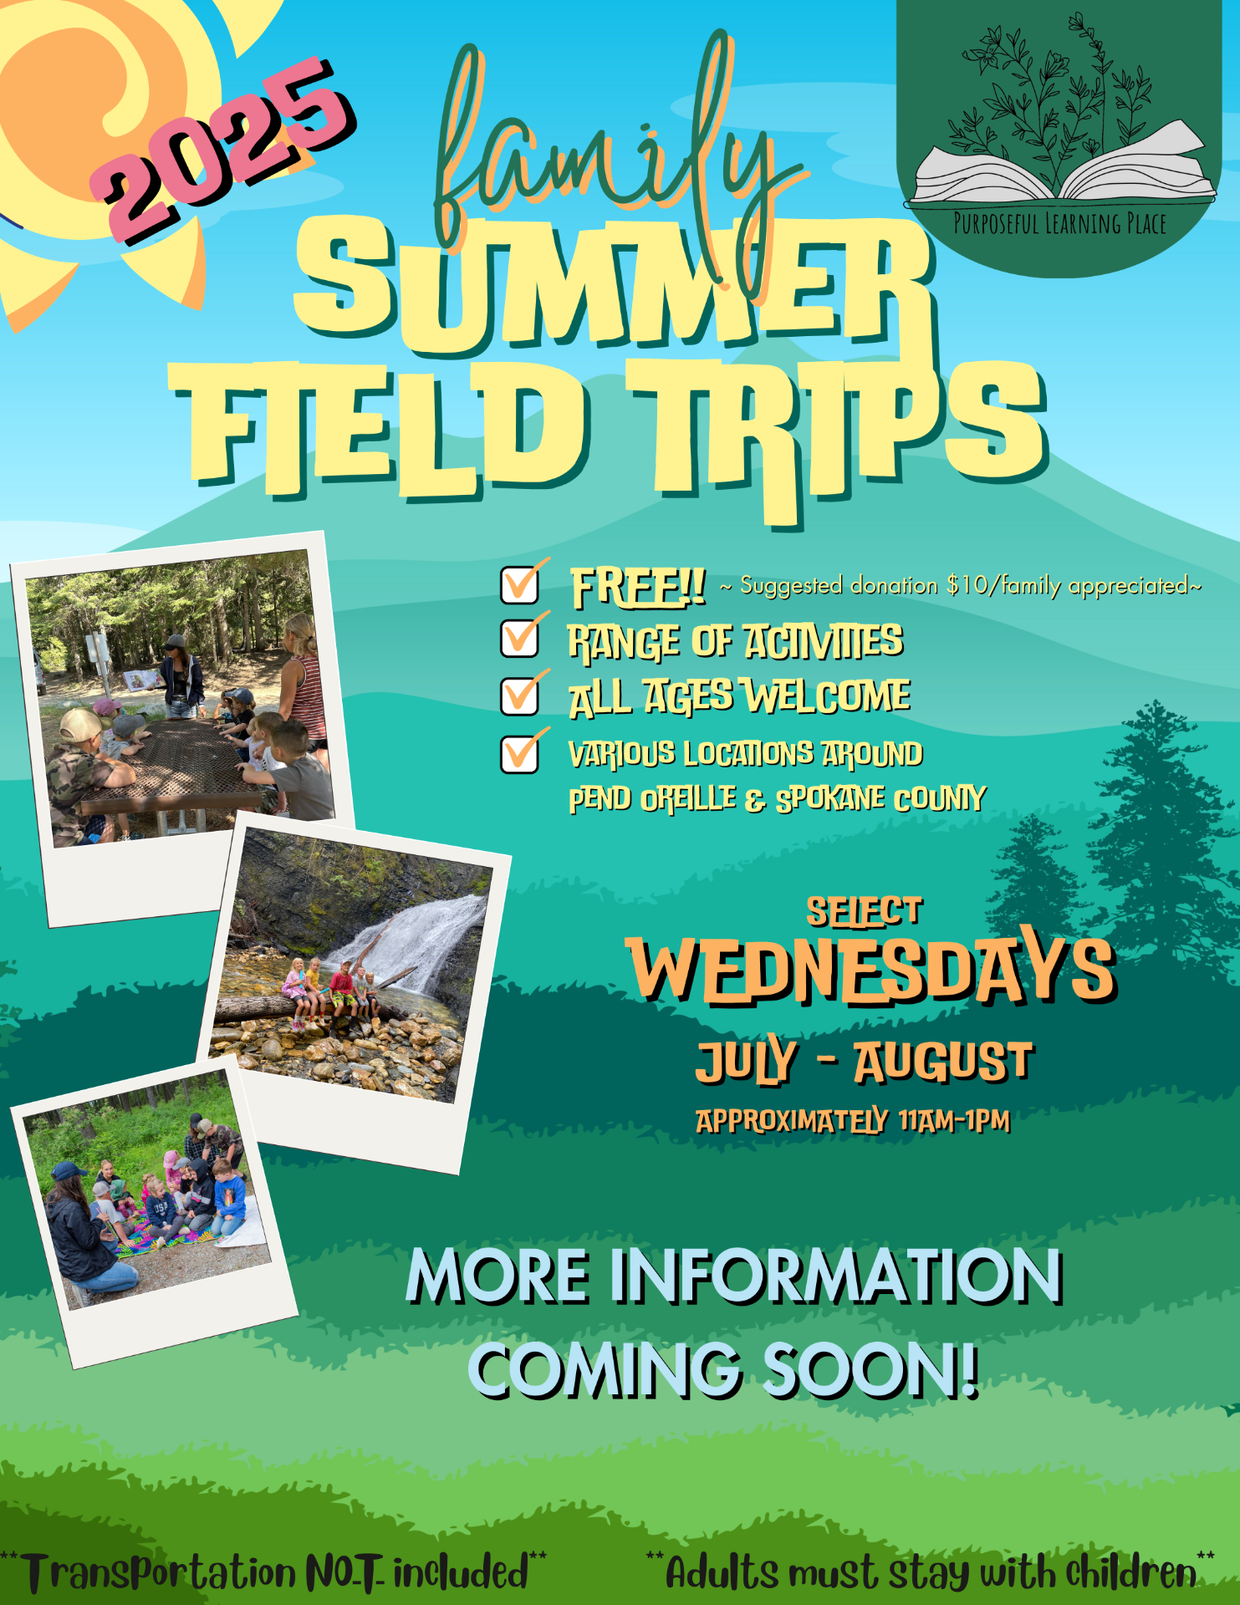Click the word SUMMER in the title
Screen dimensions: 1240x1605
coord(615,284)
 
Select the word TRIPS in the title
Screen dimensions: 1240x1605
coord(836,435)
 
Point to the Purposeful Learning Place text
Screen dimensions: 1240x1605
coord(1059,224)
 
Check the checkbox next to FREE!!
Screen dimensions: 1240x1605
coord(520,584)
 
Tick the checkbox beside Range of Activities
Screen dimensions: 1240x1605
coord(520,638)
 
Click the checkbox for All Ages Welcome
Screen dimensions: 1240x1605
coord(520,695)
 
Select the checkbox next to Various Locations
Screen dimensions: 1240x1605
coord(520,753)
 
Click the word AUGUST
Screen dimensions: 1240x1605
coord(944,1062)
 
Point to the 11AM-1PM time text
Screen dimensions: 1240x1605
coord(955,1120)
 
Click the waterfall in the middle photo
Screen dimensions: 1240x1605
coord(418,936)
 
